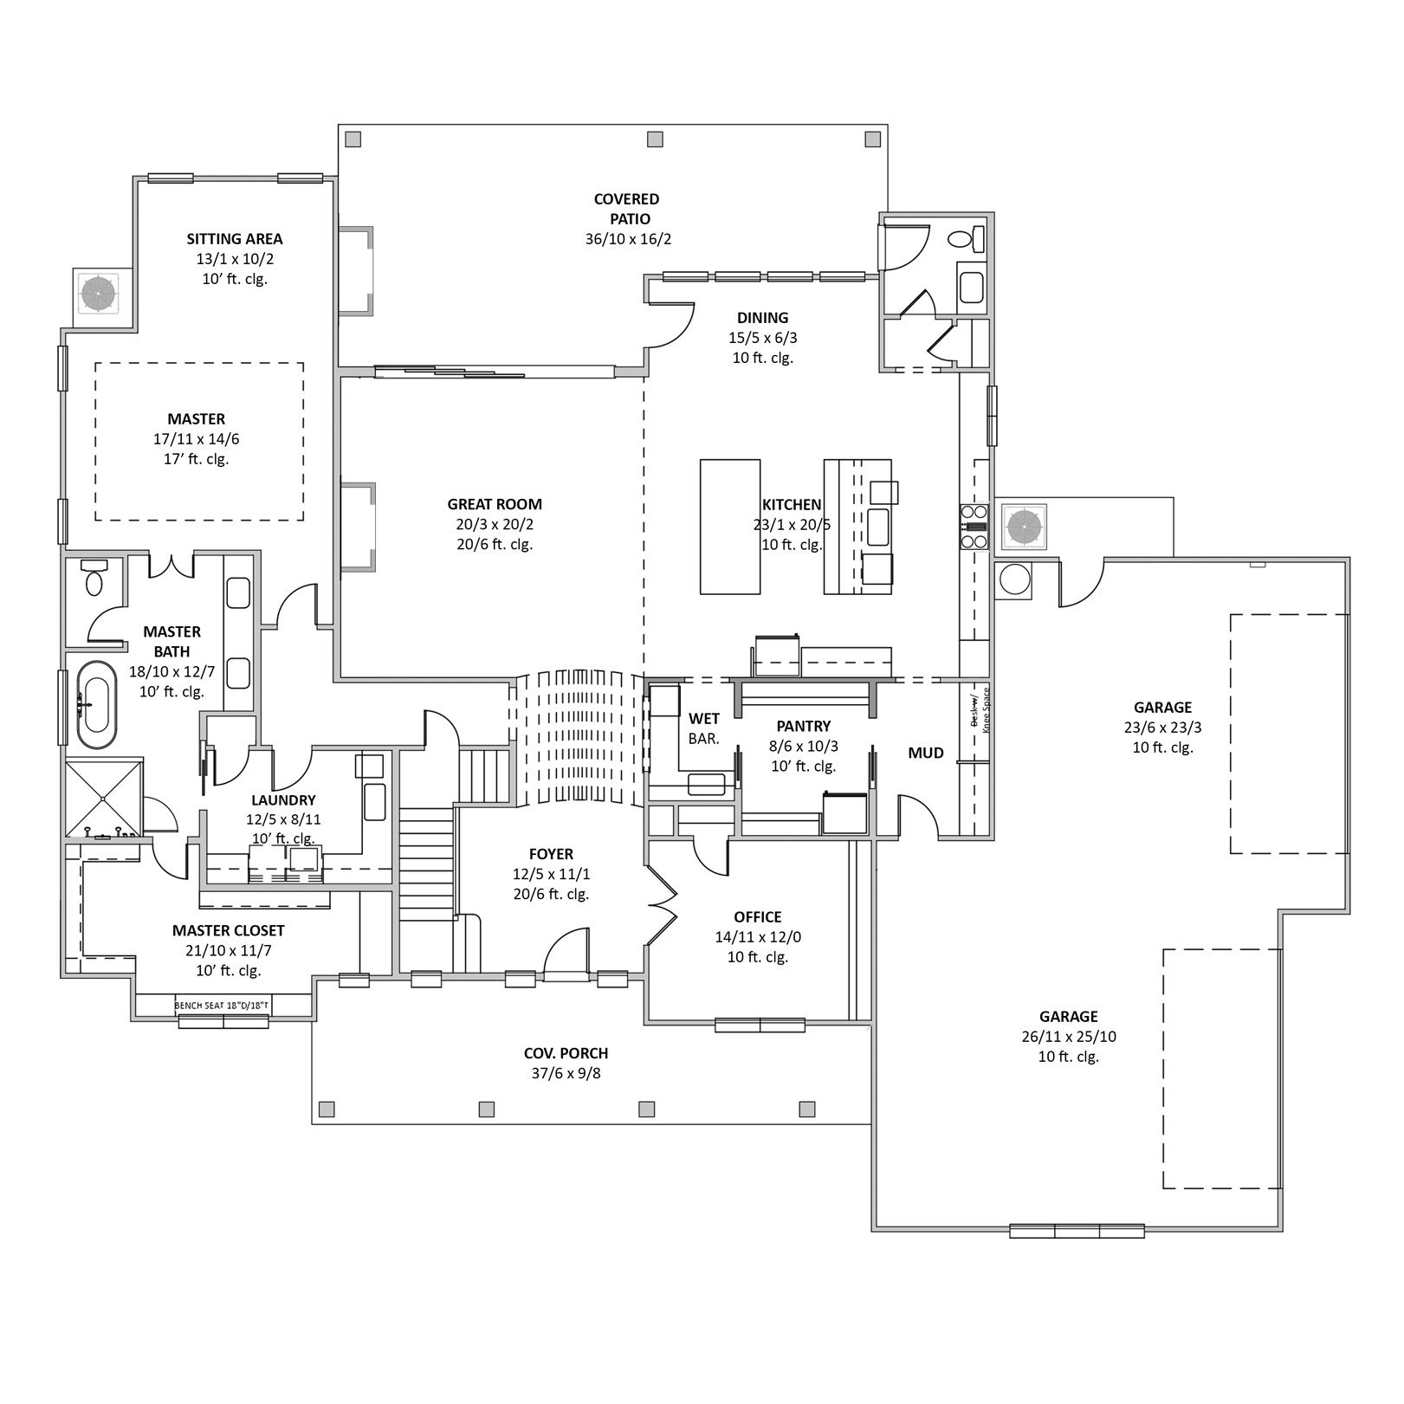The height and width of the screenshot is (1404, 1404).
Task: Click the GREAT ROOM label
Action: (495, 504)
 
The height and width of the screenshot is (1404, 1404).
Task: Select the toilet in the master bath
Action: (94, 578)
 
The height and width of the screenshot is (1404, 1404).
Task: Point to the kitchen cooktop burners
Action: (974, 526)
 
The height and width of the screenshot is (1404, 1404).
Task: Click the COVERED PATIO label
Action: (627, 210)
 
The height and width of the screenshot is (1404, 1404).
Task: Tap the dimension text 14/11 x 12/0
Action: (758, 937)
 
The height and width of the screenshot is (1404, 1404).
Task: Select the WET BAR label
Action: (704, 729)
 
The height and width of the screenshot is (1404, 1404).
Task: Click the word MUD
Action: (926, 754)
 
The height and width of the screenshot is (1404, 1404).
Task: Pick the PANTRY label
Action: (804, 727)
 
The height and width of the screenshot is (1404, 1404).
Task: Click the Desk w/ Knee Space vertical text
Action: (980, 710)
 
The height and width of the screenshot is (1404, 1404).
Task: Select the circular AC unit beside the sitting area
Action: (99, 294)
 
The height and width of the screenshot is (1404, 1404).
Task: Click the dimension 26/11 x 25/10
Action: (1069, 1037)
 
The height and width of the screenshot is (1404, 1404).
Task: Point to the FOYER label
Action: (551, 855)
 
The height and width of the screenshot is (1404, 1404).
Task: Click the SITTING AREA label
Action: (235, 239)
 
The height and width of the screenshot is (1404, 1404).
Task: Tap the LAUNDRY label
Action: (283, 800)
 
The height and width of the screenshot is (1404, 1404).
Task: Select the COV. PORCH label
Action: (566, 1053)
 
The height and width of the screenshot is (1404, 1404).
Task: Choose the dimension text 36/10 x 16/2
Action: (628, 239)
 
